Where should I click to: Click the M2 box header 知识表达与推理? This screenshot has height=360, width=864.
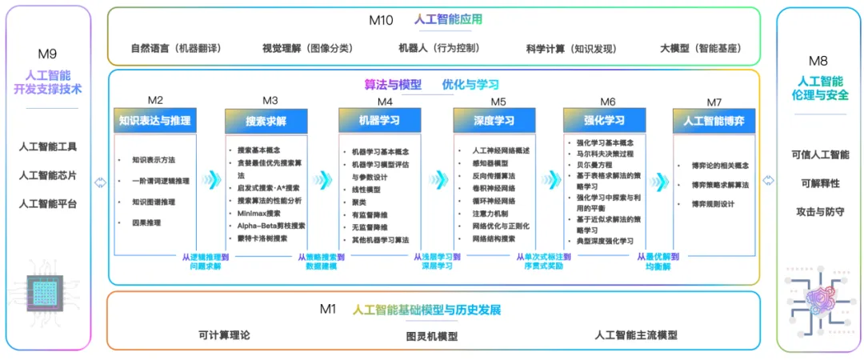click(x=155, y=121)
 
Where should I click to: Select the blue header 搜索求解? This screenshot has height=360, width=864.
click(x=266, y=122)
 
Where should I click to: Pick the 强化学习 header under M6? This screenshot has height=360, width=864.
click(x=604, y=121)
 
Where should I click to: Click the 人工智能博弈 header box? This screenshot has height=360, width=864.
click(x=714, y=121)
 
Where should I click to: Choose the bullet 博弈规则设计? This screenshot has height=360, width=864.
click(x=713, y=203)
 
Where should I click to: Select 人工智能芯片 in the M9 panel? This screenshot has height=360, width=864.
click(x=47, y=175)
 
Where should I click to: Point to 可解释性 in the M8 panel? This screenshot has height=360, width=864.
click(x=818, y=183)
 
